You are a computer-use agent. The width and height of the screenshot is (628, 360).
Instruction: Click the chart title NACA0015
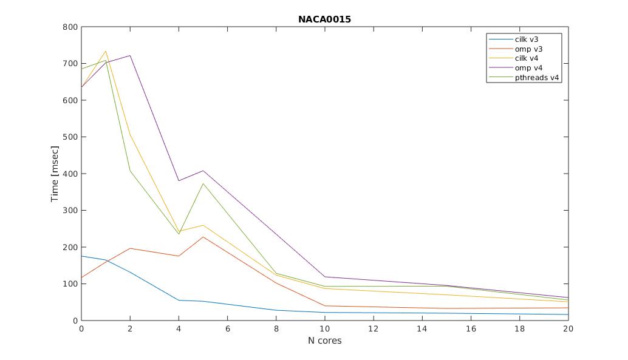coord(324,19)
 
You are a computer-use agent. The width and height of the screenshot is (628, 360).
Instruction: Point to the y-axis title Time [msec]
coord(55,174)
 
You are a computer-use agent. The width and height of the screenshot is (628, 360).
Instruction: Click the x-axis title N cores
coord(324,341)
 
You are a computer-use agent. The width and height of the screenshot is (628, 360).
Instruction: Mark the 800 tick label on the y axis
coord(70,27)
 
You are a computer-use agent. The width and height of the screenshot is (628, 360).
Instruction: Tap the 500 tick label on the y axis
coord(70,137)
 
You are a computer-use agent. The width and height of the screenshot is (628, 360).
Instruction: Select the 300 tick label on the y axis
coord(70,211)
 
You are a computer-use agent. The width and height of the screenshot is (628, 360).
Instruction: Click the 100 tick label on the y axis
coord(70,284)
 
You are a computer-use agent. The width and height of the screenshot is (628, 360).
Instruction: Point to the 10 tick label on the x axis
coord(324,328)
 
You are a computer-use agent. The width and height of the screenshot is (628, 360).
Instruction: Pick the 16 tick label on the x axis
coord(471,328)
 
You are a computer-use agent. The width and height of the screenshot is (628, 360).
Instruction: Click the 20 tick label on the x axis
coord(568,328)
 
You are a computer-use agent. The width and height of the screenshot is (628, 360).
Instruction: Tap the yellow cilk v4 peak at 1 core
coord(106,52)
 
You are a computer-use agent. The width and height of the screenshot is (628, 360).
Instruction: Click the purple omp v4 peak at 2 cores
coord(130,56)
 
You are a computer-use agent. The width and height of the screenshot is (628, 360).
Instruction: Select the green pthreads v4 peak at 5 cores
coord(203,183)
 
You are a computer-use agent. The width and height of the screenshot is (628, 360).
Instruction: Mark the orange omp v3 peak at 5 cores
coord(203,237)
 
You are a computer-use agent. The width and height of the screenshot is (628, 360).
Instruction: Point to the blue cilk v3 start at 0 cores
coord(82,256)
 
